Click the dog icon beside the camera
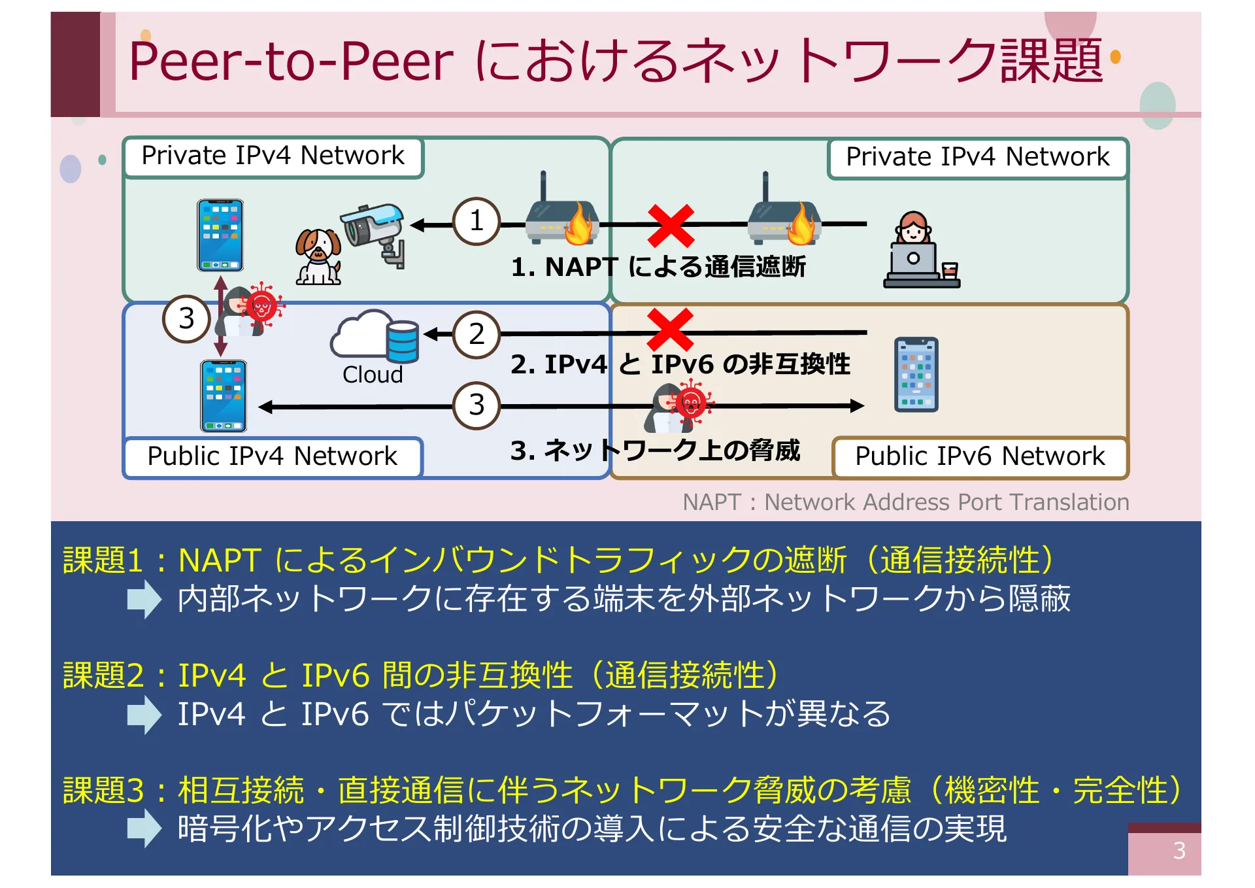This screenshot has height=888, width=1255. tap(318, 256)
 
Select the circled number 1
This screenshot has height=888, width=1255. tap(477, 221)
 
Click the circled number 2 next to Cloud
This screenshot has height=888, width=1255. tap(477, 334)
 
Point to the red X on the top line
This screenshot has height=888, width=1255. tap(670, 224)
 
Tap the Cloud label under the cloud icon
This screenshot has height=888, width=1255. tap(373, 375)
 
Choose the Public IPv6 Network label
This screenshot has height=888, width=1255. tap(979, 456)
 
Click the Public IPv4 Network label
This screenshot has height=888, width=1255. tap(272, 456)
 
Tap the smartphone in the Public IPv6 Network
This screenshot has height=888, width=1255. tap(916, 374)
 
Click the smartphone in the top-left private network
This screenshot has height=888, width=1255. tap(220, 235)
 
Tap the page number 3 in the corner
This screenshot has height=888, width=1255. tap(1179, 851)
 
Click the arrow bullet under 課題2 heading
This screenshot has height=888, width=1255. tap(144, 714)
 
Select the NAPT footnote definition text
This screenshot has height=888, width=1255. tap(905, 502)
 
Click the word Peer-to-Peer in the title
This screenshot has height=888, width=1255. tap(291, 61)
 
